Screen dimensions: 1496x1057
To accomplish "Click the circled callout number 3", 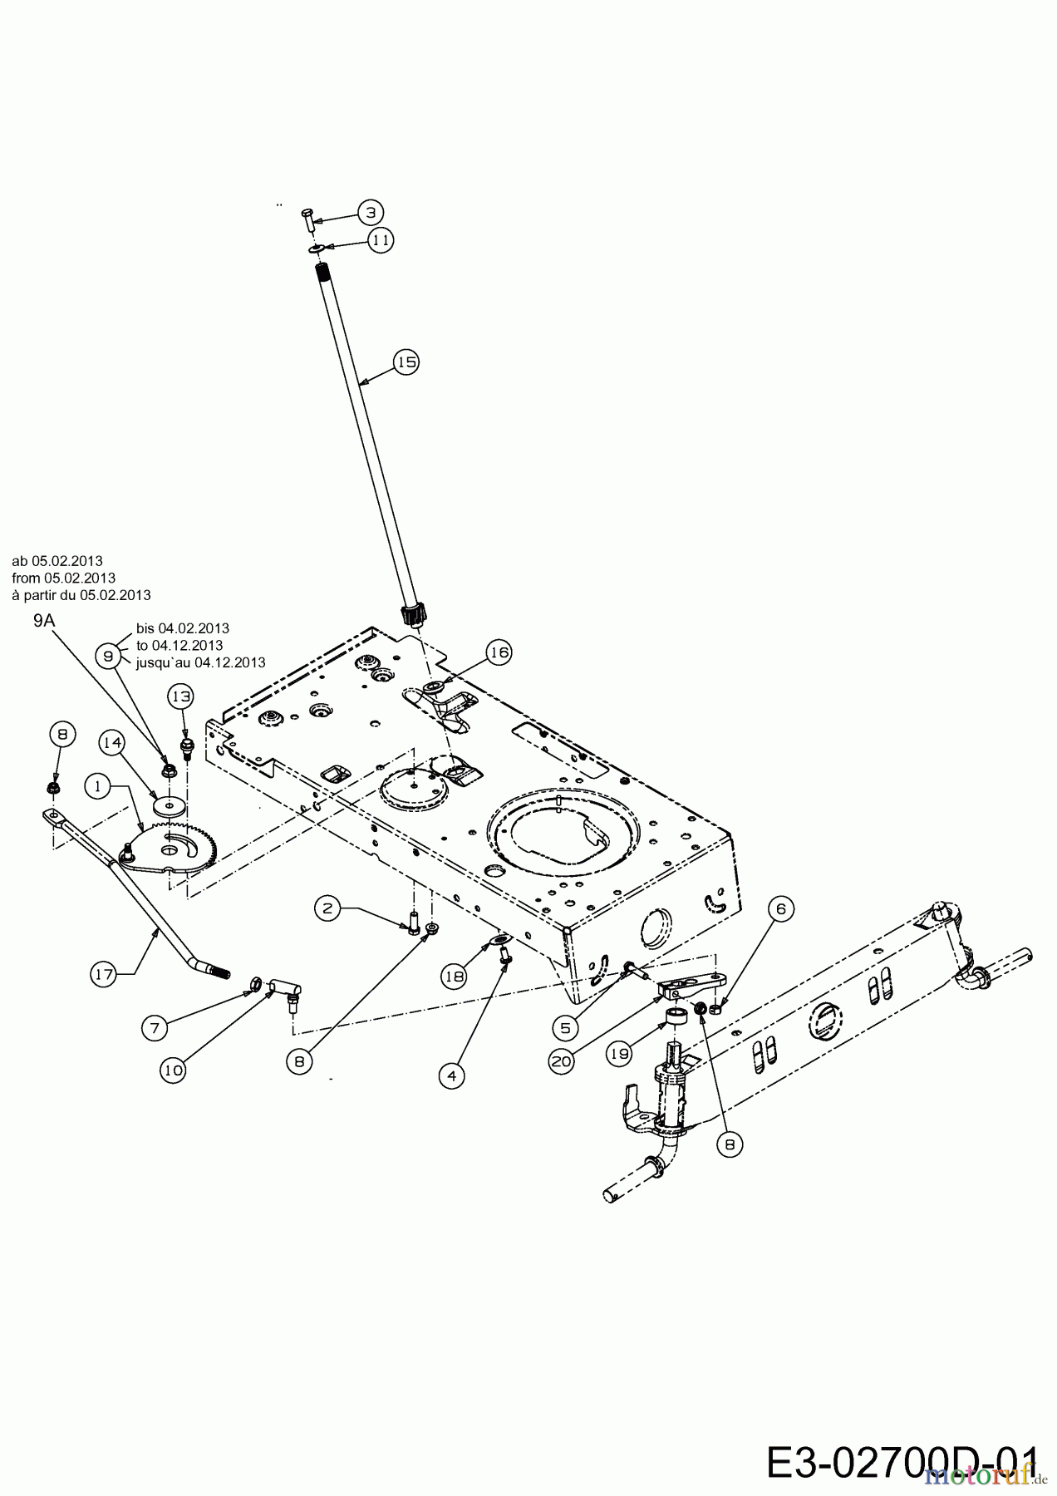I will click(x=371, y=212).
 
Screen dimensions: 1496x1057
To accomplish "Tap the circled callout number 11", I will click(x=381, y=240).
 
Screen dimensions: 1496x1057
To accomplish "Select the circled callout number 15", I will click(x=406, y=362).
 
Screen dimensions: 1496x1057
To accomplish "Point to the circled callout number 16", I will click(x=499, y=653).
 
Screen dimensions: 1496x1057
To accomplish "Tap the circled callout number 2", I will click(x=327, y=908).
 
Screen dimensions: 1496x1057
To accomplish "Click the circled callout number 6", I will click(x=780, y=909).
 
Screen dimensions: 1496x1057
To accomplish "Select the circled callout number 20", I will click(x=561, y=1060).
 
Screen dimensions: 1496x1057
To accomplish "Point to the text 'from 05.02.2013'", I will click(x=64, y=578).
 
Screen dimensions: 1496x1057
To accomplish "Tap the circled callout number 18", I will click(x=454, y=977).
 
